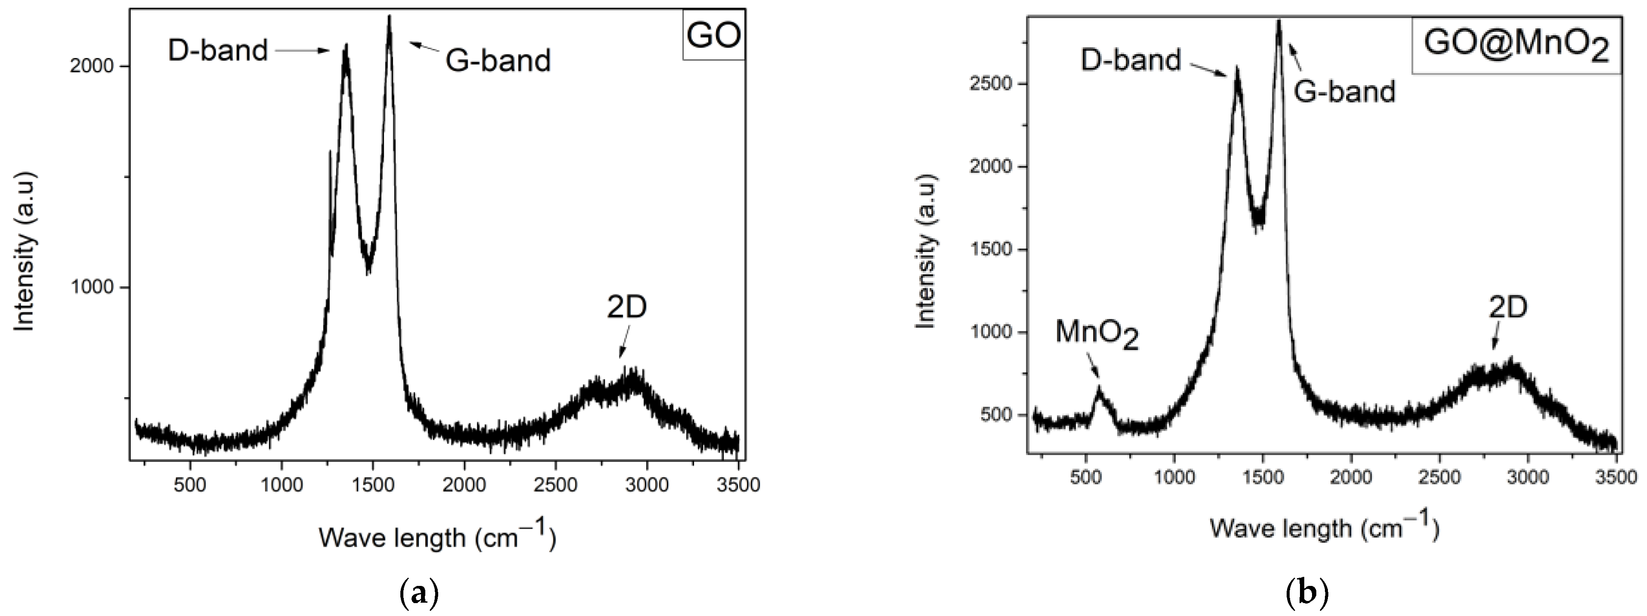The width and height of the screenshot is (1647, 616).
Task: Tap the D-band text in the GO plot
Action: point(218,50)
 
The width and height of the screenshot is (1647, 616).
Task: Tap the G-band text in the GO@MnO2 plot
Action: point(1345,92)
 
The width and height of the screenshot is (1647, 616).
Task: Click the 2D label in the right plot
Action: point(1508,309)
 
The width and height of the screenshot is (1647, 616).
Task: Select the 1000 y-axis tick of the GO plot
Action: point(95,288)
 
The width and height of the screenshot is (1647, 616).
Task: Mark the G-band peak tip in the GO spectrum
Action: point(389,17)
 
